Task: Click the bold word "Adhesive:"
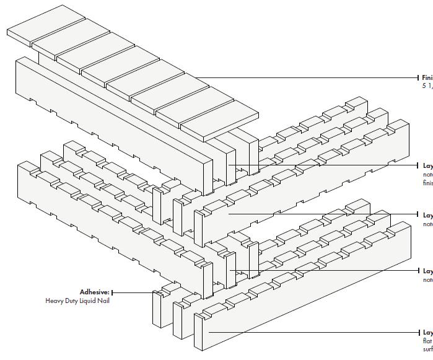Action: tap(94, 292)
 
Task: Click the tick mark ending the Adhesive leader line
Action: tap(112, 292)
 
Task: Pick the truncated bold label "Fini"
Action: tap(427, 77)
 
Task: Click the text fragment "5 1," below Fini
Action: tap(427, 86)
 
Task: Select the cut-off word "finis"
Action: tap(427, 183)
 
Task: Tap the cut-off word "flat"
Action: tap(427, 340)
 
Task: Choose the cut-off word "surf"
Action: tap(427, 348)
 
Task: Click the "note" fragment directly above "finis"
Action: tap(427, 175)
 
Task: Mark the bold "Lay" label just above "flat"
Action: tap(427, 332)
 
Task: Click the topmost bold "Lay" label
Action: tap(427, 166)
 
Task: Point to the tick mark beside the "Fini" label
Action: tap(419, 77)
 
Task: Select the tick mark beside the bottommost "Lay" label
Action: tap(419, 332)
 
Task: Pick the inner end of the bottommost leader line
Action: tap(209, 332)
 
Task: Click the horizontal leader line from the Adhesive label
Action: tap(133, 292)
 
